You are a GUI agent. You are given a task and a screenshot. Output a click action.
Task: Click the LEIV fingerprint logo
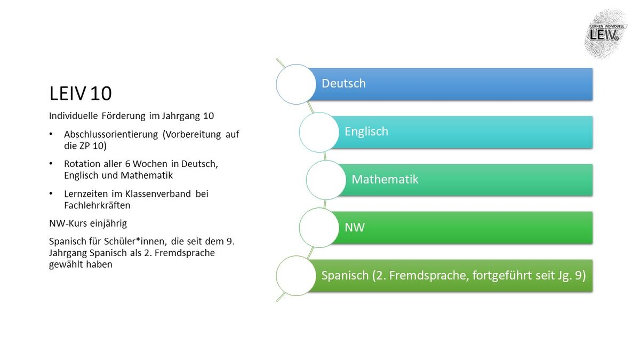605,34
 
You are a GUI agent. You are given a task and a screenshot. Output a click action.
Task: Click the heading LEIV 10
81,93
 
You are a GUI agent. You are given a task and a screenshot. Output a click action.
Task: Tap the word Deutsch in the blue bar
343,83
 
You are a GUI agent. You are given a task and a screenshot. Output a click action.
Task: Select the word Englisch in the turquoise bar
366,132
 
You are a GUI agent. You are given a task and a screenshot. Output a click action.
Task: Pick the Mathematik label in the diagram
385,179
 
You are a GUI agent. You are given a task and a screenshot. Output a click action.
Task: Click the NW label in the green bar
355,227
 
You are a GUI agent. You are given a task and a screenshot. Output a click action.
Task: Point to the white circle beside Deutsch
296,84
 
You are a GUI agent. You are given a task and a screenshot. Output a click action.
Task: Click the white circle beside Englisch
319,132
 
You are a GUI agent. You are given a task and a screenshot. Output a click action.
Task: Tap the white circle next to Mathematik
326,180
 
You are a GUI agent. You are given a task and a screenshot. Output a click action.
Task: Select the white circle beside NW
319,228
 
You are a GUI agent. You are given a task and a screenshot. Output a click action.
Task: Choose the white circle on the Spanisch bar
296,276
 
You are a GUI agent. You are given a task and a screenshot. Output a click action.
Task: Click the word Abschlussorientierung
111,134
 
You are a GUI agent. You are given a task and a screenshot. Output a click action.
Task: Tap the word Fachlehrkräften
97,205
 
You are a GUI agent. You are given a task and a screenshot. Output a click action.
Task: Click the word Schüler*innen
135,242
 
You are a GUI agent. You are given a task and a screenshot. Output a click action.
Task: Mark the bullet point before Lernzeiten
51,194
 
